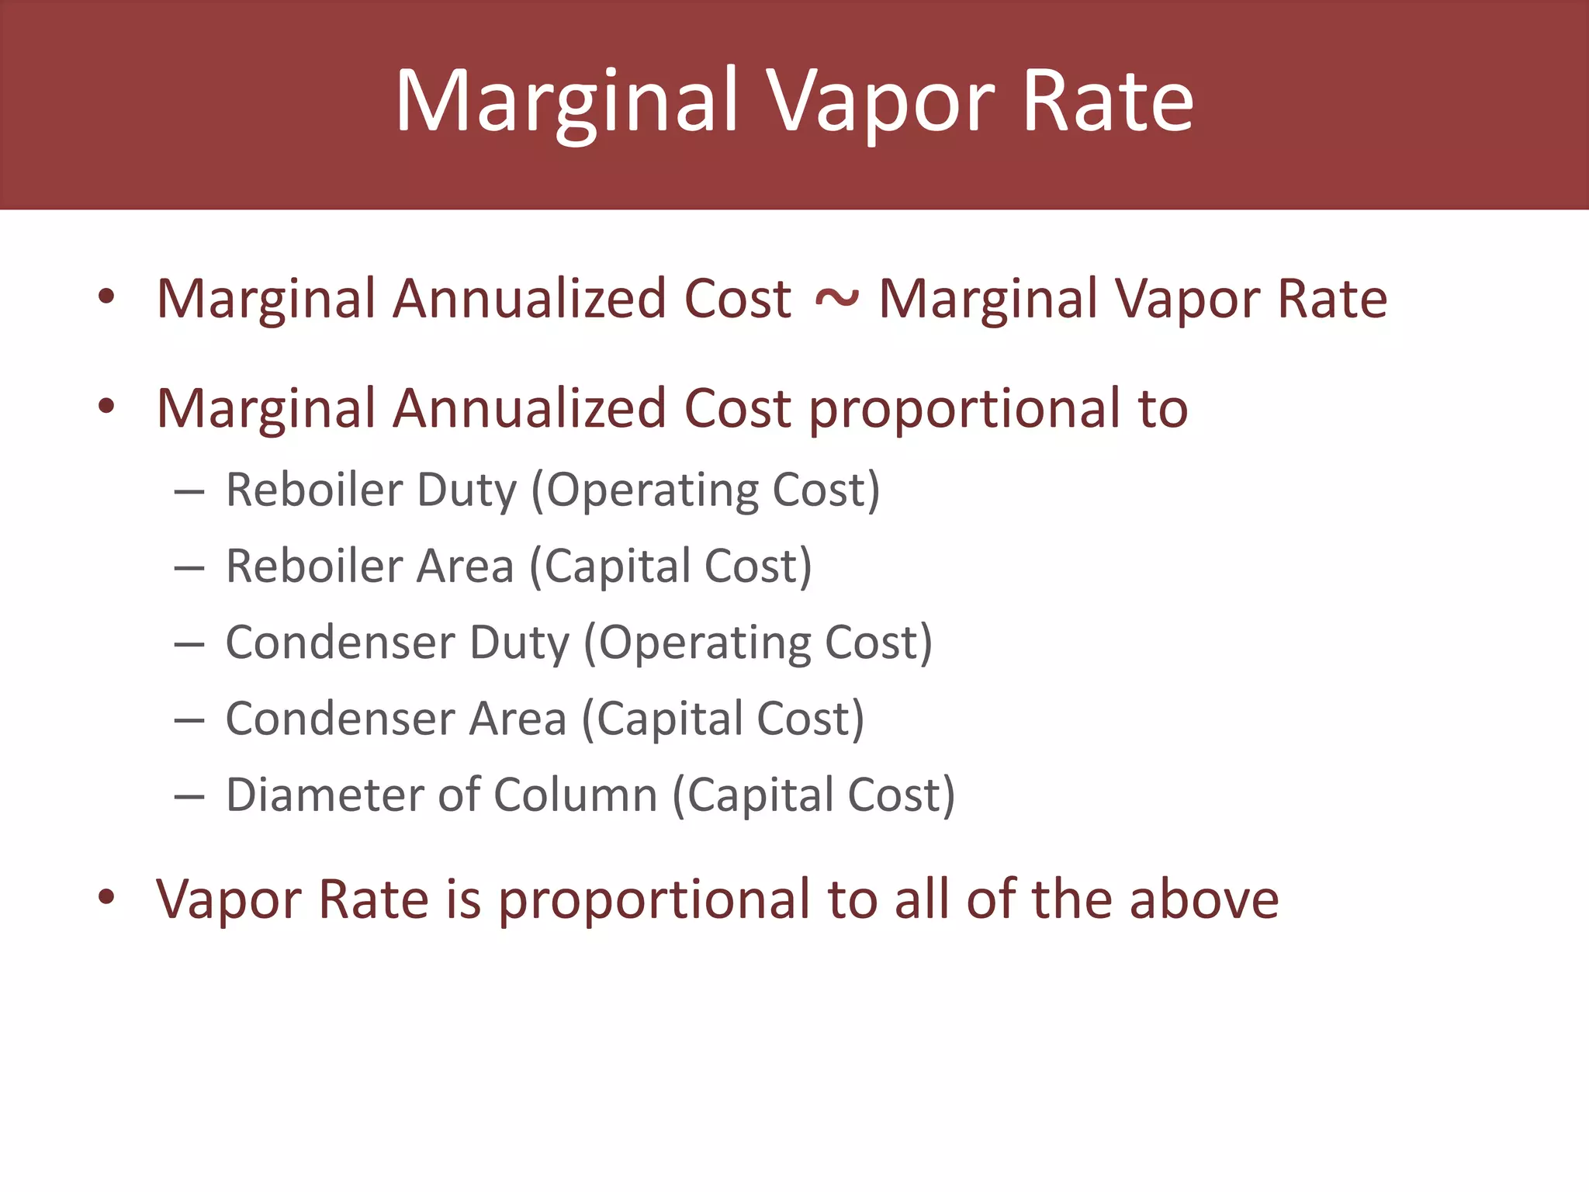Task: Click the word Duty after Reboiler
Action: (x=466, y=490)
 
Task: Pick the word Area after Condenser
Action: (x=518, y=719)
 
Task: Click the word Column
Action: (x=575, y=795)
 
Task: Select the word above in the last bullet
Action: (x=1203, y=899)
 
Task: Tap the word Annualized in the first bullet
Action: (x=529, y=299)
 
